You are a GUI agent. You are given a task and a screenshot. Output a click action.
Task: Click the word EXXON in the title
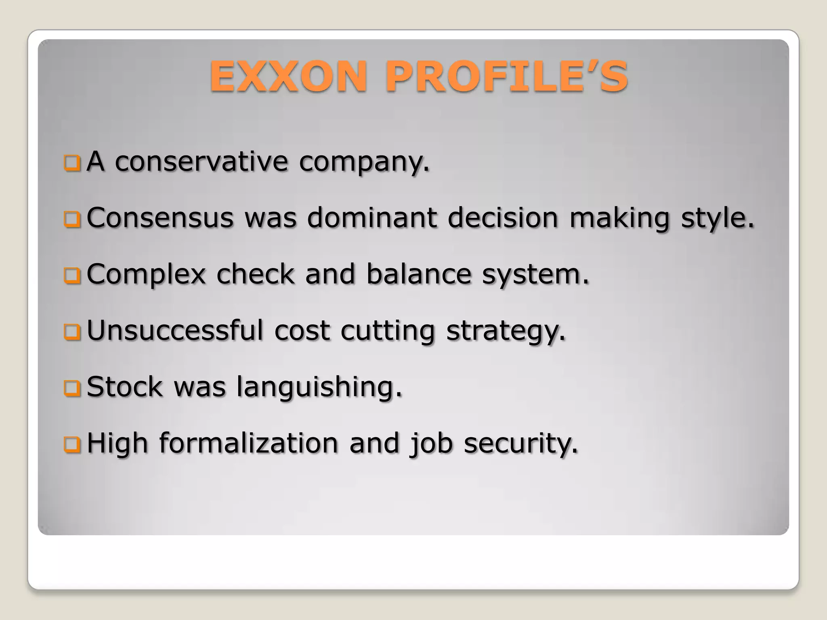288,76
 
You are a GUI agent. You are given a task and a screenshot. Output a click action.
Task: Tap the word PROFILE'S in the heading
507,76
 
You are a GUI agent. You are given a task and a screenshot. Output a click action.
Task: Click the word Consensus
160,218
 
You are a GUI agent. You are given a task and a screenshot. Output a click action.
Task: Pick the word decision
503,218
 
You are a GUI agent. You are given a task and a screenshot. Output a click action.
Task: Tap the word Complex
146,274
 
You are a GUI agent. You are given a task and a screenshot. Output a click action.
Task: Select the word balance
419,274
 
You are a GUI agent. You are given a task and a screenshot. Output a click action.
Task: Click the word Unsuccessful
175,331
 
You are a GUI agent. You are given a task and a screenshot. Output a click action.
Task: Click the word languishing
319,387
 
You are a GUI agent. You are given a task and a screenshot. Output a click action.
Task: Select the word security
521,444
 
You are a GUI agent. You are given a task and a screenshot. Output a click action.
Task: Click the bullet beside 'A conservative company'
72,163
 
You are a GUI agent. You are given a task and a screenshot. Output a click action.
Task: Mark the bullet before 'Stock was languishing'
72,388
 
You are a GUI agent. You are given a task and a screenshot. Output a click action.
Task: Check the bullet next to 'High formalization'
72,445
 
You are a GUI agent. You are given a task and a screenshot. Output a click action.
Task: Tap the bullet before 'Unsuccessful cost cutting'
72,332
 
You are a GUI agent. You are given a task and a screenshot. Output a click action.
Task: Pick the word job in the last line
431,444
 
